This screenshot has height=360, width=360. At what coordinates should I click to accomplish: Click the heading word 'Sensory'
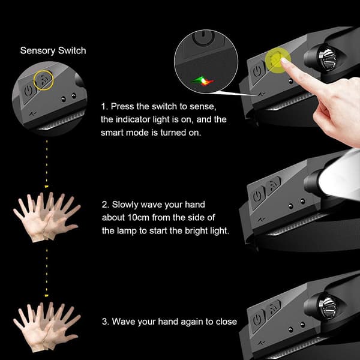click(38, 51)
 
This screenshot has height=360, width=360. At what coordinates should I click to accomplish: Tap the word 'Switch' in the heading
click(72, 50)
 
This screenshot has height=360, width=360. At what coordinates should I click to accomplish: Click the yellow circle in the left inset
click(44, 80)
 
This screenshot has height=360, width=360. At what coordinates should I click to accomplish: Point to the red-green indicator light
click(203, 81)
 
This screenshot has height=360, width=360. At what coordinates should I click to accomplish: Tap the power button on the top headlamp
click(257, 71)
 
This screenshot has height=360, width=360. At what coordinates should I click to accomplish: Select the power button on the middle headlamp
click(257, 197)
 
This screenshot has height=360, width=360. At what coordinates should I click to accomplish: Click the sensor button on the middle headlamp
click(273, 185)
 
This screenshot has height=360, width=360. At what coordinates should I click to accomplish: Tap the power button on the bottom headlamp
click(257, 320)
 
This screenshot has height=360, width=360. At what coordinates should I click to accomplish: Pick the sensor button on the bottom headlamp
click(273, 308)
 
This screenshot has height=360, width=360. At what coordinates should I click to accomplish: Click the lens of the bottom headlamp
click(327, 305)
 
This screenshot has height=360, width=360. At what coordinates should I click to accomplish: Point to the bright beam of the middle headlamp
click(340, 175)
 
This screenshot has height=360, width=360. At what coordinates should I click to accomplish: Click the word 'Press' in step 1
click(121, 107)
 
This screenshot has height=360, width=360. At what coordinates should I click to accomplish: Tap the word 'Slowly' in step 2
click(125, 205)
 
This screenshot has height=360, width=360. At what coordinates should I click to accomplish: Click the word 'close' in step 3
click(226, 322)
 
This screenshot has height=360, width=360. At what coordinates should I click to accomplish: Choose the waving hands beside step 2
click(47, 217)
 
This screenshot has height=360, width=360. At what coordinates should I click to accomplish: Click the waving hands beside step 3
click(47, 326)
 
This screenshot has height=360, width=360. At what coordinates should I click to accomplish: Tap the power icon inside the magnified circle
click(203, 37)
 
